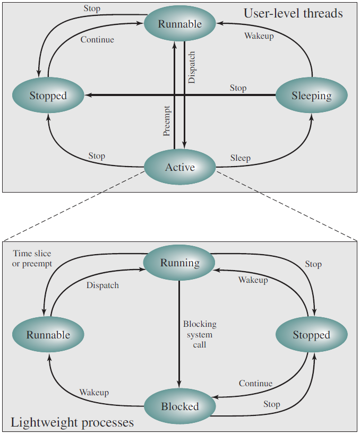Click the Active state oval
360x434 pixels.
(x=180, y=167)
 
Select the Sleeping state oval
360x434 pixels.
(x=312, y=95)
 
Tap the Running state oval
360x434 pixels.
(x=179, y=263)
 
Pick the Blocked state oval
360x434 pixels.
(x=180, y=406)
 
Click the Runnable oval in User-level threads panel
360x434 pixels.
(x=180, y=23)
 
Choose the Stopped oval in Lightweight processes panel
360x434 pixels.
(x=312, y=334)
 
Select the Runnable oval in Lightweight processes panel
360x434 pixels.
(x=48, y=334)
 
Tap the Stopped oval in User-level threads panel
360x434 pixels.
(x=48, y=95)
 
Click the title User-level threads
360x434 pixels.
(x=293, y=13)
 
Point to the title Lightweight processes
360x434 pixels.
(x=72, y=423)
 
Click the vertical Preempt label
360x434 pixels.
(x=166, y=121)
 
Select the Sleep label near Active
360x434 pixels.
(x=241, y=158)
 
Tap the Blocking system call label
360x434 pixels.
(x=200, y=334)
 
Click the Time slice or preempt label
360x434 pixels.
(x=32, y=258)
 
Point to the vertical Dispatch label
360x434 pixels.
(x=192, y=67)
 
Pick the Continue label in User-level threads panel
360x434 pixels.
(x=97, y=40)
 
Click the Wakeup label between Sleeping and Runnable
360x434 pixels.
(x=259, y=36)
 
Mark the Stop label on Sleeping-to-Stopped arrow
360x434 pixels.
(x=238, y=88)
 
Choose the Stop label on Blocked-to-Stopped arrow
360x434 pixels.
(x=272, y=404)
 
